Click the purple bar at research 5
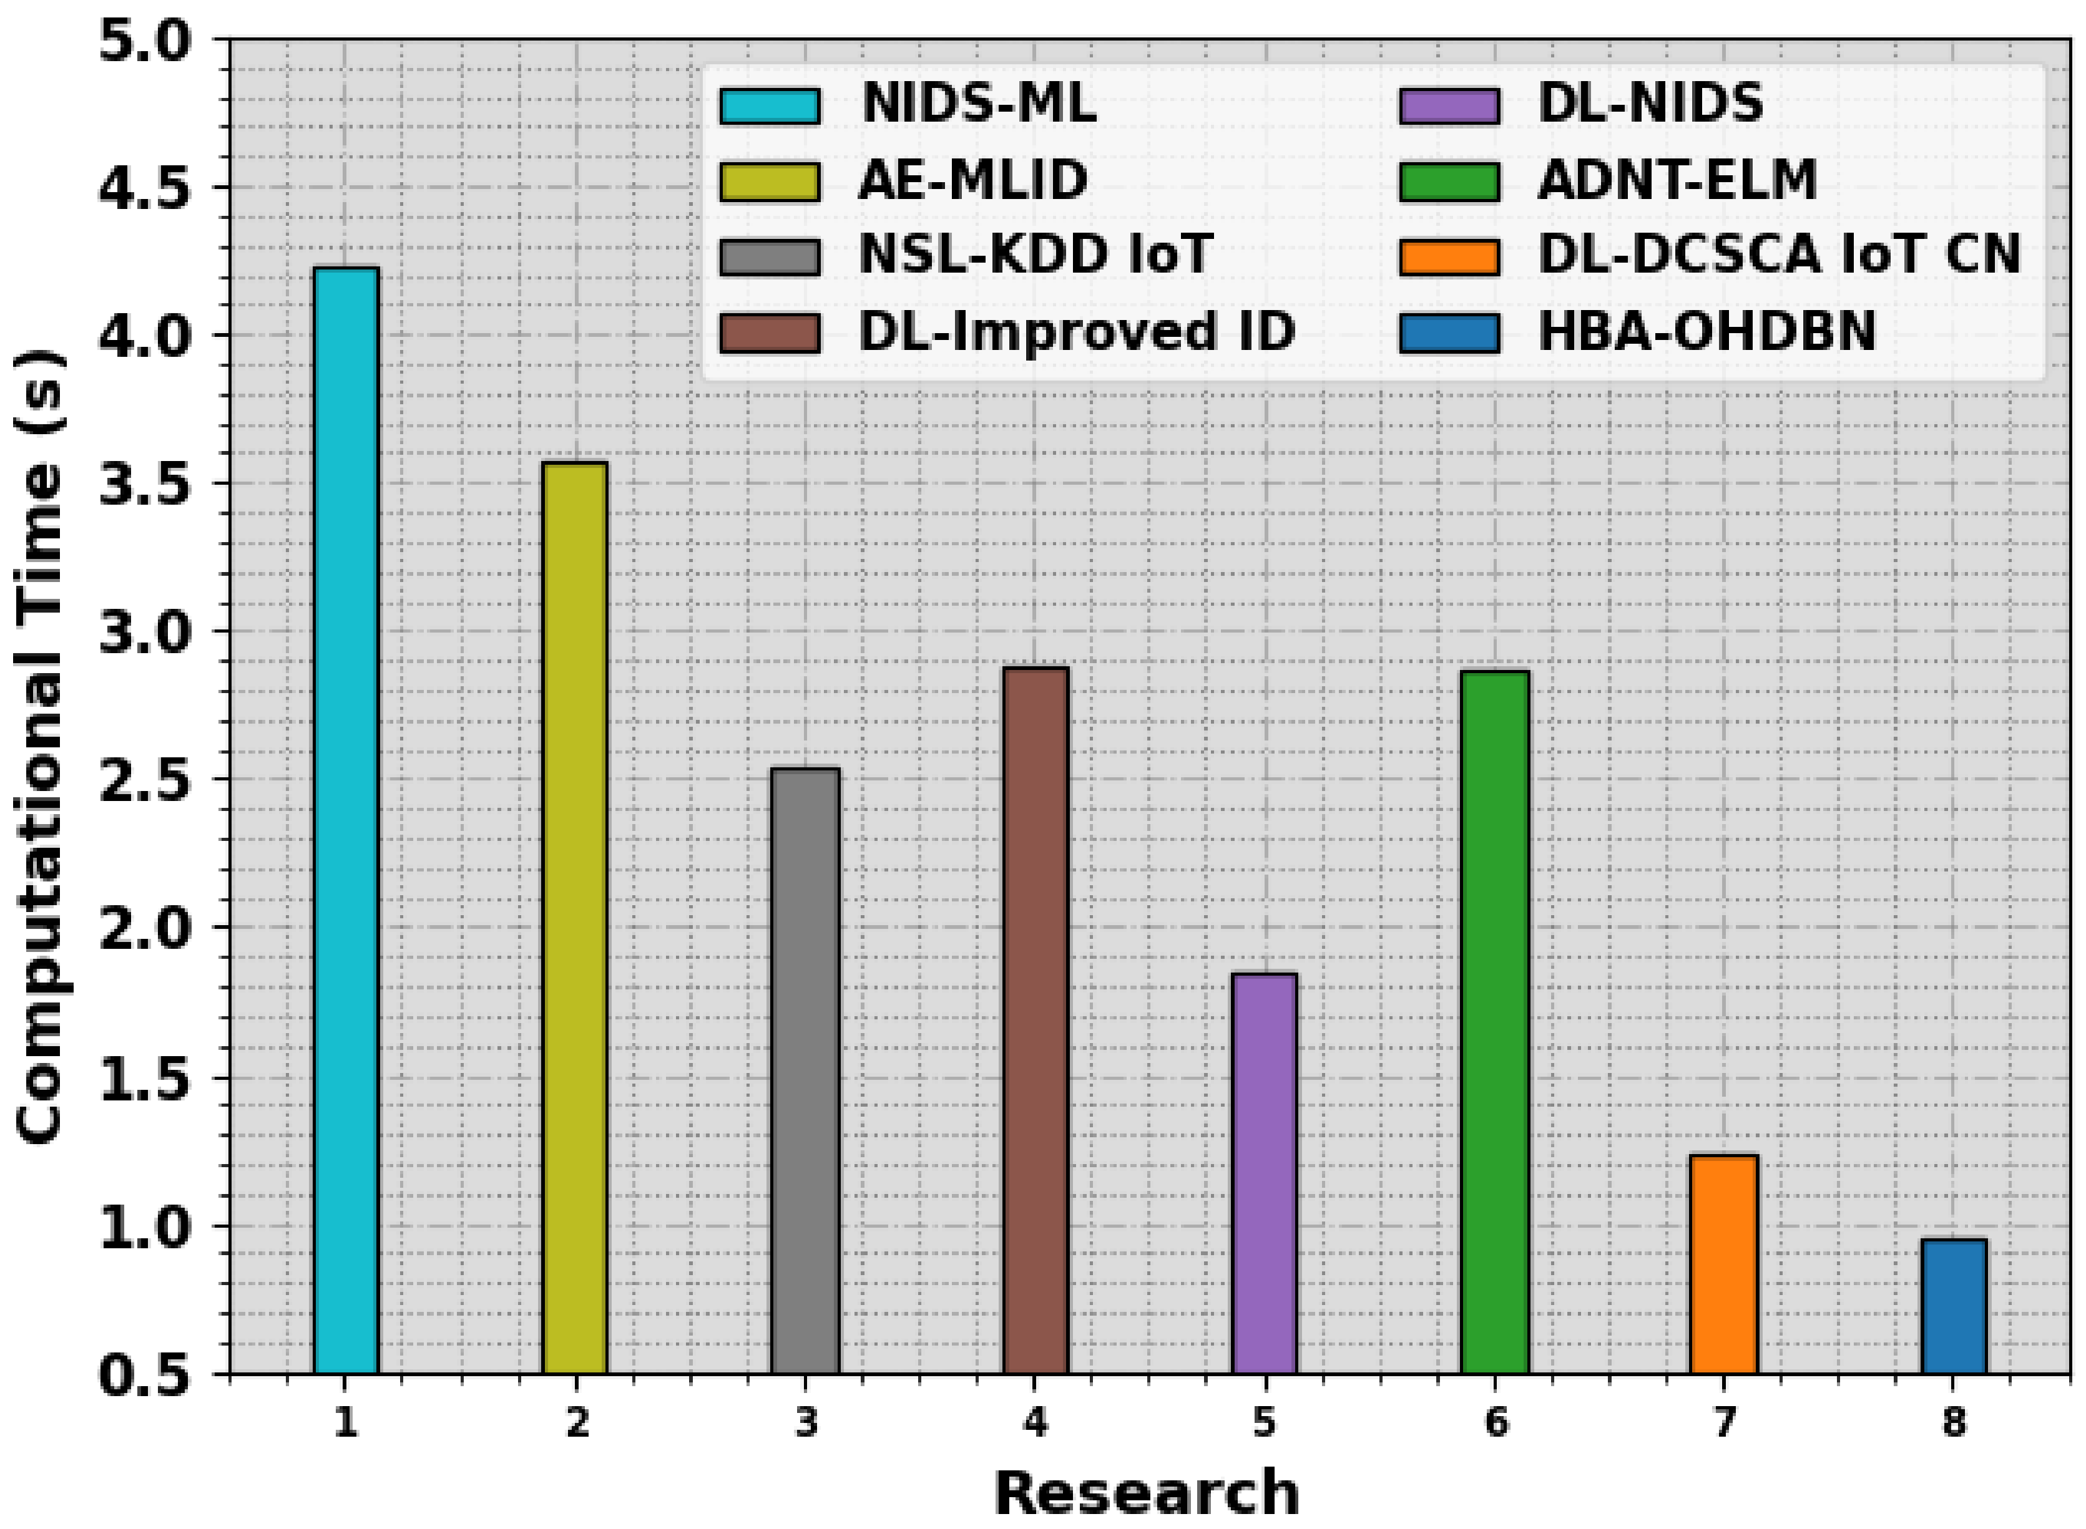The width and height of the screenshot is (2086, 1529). click(x=1264, y=1173)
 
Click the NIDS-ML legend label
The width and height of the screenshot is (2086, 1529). click(x=979, y=104)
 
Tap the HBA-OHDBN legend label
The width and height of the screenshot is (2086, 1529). click(x=1707, y=331)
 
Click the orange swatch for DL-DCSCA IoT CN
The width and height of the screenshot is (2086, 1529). click(x=1448, y=256)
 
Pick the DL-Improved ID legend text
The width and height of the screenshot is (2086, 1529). click(x=1076, y=331)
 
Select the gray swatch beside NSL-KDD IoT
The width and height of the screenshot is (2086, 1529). click(x=770, y=256)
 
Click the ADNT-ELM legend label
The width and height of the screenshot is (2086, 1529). click(x=1677, y=180)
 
